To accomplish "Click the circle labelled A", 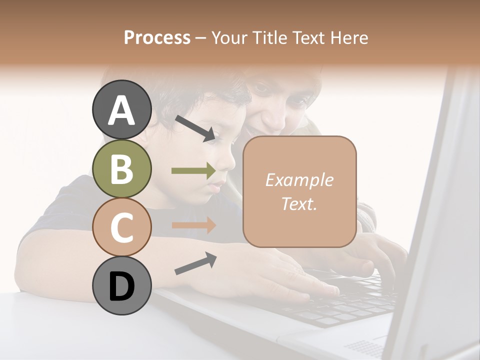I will (121, 110).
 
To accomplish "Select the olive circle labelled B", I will (121, 168).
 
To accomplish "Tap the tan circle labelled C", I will (121, 227).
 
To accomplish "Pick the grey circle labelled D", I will (121, 285).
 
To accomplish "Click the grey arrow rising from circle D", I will (195, 263).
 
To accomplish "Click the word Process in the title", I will (157, 37).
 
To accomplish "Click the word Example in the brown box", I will (299, 180).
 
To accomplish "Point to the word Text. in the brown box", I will (299, 203).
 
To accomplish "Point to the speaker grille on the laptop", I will (365, 347).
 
